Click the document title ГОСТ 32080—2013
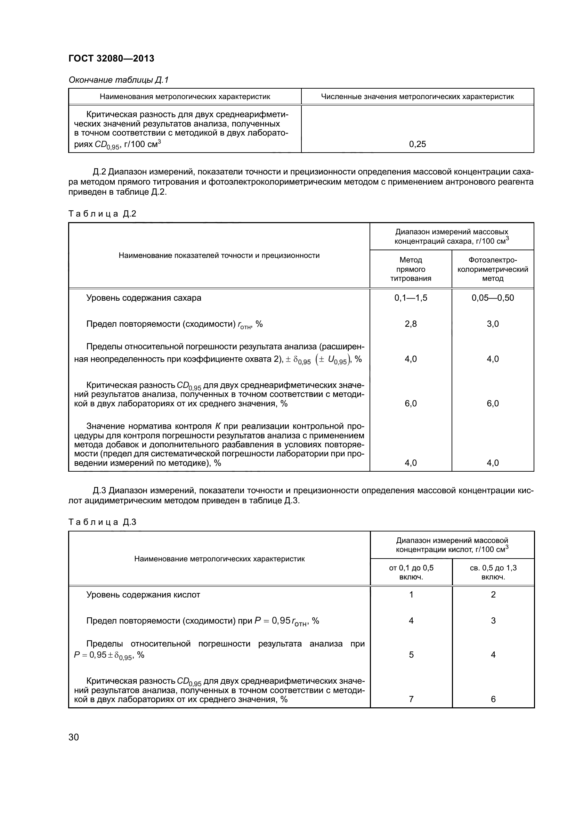(111, 58)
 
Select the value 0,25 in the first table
(418, 144)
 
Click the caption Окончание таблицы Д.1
(118, 80)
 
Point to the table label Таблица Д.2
(102, 214)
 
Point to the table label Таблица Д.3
(102, 522)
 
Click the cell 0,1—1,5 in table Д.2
(411, 298)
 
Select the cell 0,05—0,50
(493, 298)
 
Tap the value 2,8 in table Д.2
(411, 324)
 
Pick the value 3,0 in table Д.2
(493, 324)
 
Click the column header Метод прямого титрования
(411, 269)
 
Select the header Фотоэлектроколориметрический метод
(493, 269)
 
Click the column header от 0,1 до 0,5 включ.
(411, 572)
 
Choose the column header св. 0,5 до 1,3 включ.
(493, 572)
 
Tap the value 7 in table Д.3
(411, 699)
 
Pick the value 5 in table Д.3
(411, 655)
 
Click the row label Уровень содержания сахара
(144, 298)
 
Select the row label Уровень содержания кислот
(143, 595)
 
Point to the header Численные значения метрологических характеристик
(418, 97)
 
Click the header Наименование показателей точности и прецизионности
(219, 256)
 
